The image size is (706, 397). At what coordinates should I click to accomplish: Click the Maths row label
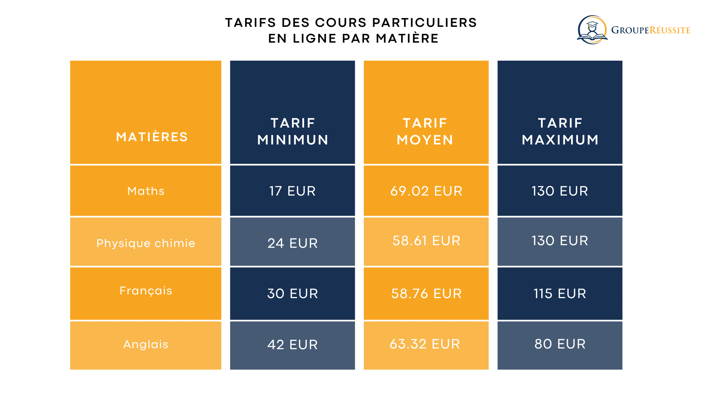(x=146, y=191)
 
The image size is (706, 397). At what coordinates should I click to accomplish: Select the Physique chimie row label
(x=146, y=243)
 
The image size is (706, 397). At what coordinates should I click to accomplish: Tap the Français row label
(x=146, y=291)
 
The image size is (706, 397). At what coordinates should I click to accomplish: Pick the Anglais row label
(x=146, y=344)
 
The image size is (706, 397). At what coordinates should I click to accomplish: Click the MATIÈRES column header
(x=152, y=137)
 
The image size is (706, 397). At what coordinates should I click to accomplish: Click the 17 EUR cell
(x=292, y=191)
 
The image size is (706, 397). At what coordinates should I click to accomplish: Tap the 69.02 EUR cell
(x=426, y=191)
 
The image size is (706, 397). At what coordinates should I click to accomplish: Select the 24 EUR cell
(x=292, y=243)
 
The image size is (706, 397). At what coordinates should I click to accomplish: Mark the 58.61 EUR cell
(x=426, y=241)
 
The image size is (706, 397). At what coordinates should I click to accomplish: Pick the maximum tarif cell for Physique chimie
(x=560, y=241)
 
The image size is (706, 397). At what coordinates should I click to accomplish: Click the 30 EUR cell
(x=292, y=293)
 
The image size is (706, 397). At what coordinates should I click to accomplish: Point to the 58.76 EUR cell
(x=426, y=293)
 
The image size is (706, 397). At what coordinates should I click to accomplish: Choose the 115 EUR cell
(x=560, y=293)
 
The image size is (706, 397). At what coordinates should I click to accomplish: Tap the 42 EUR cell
(x=292, y=344)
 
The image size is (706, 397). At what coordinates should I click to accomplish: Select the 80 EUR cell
(x=560, y=344)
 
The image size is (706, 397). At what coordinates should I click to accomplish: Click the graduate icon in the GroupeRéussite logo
(x=592, y=30)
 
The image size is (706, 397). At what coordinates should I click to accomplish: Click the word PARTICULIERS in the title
(x=424, y=23)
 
